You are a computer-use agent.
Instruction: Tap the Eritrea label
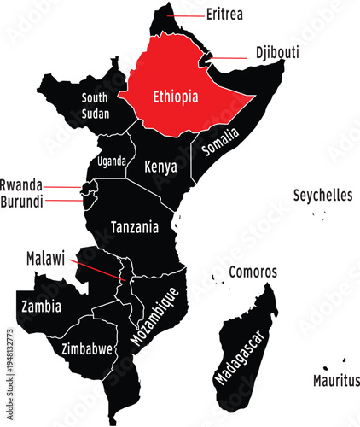(x=225, y=15)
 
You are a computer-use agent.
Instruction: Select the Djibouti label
(x=277, y=53)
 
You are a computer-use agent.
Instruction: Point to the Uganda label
(x=112, y=161)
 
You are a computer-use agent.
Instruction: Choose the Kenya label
(x=160, y=167)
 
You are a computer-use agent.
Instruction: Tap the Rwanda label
(x=21, y=184)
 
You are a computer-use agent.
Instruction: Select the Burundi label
(x=21, y=202)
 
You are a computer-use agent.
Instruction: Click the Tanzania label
(x=135, y=228)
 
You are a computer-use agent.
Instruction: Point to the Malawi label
(x=45, y=257)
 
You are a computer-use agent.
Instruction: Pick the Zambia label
(x=40, y=305)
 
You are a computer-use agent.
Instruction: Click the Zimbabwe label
(x=87, y=348)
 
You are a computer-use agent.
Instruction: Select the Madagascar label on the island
(x=239, y=362)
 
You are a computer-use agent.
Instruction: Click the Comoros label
(x=253, y=272)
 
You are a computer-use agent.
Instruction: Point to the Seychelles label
(x=322, y=196)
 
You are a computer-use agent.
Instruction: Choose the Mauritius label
(x=335, y=380)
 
